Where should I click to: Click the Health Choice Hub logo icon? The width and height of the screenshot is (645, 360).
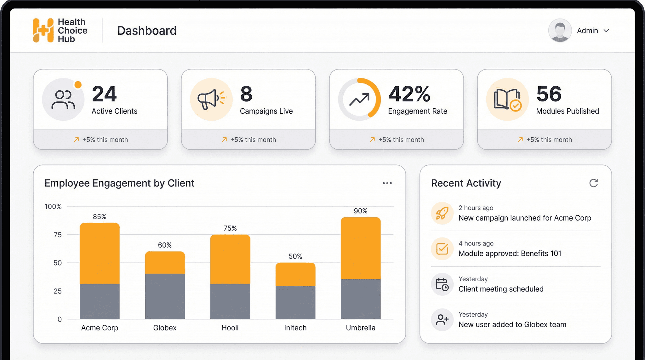[43, 30]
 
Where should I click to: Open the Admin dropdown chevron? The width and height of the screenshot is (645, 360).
[606, 31]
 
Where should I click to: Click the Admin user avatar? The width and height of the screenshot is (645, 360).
[560, 30]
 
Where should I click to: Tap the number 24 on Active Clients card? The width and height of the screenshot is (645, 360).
[104, 94]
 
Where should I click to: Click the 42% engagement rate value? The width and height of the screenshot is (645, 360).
[409, 94]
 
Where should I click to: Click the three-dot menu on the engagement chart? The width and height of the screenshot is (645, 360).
[387, 183]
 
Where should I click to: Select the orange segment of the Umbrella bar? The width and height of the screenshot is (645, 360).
[361, 248]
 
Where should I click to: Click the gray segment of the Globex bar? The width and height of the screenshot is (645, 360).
[165, 296]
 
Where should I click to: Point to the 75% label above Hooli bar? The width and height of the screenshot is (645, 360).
[230, 228]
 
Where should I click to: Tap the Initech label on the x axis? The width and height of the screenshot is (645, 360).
[295, 328]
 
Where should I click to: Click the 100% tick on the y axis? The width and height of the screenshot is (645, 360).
[53, 207]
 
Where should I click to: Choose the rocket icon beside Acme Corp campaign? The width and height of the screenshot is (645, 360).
[442, 213]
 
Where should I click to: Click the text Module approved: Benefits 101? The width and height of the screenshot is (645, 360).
[510, 253]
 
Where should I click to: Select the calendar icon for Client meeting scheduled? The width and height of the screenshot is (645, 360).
[442, 284]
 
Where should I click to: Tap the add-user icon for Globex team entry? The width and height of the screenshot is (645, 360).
[442, 320]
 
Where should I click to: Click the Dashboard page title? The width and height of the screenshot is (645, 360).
[147, 31]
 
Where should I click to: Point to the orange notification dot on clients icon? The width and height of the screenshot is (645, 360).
[78, 84]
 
